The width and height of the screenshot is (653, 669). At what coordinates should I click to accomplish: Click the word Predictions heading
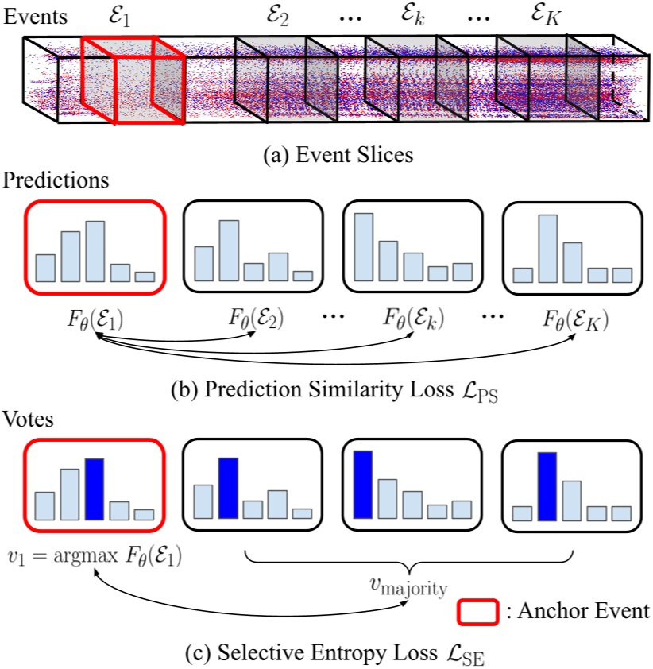(56, 180)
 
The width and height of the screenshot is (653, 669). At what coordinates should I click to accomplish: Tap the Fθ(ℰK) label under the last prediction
(576, 320)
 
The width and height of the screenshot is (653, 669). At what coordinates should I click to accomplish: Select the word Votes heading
(29, 420)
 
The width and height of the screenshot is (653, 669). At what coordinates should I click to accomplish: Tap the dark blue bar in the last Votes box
(546, 486)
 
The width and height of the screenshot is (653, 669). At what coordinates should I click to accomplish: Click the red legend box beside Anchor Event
(477, 612)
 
